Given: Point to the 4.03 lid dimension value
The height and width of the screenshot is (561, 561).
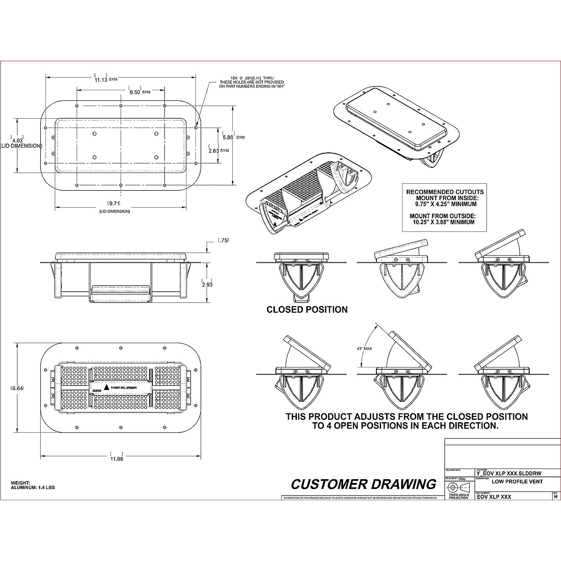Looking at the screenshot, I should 17,140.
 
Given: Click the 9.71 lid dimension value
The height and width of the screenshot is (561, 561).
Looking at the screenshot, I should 114,203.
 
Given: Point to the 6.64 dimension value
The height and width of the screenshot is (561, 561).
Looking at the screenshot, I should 17,388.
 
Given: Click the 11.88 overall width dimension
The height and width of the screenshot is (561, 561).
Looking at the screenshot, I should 116,459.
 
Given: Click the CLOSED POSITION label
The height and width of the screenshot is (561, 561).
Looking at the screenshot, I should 307,309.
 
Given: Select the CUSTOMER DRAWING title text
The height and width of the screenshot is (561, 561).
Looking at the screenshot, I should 363,484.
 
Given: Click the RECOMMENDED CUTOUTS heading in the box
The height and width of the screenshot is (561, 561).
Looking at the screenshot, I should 445,192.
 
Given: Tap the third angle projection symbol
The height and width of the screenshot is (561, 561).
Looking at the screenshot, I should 458,487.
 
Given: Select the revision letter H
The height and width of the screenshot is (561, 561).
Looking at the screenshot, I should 555,497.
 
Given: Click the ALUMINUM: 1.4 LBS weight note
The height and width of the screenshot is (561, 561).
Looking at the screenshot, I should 33,487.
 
